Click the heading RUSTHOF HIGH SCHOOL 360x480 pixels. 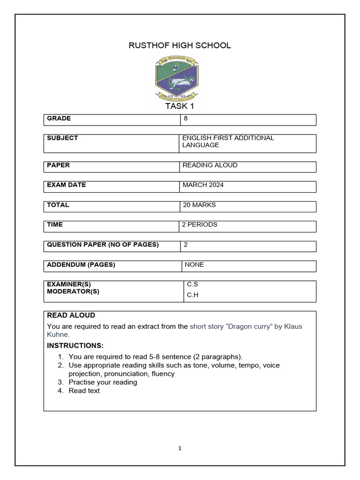coord(180,45)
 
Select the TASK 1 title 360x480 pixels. coord(180,106)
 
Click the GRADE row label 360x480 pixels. coord(59,119)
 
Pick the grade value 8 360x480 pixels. coord(186,119)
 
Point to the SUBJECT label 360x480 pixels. coord(62,138)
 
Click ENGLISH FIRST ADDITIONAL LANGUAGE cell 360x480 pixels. coord(228,142)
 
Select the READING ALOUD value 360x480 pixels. coord(210,165)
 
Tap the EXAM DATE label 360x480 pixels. coord(67,185)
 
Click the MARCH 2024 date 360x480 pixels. coord(203,185)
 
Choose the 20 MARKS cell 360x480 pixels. coord(199,205)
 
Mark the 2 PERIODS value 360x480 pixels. coord(200,225)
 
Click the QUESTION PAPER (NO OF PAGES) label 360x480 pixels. coord(103,245)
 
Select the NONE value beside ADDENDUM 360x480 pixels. coord(194,265)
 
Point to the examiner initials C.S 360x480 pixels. coord(192,285)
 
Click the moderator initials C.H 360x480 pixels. coord(193,295)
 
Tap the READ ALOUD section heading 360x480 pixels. coord(71,315)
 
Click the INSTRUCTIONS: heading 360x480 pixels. coord(75,346)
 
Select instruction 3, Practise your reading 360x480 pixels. coord(103,382)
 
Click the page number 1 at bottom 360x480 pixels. coord(180,449)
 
